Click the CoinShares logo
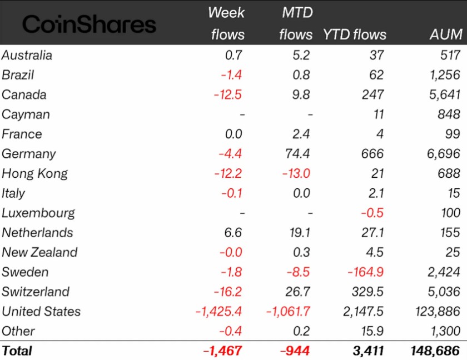click(x=89, y=24)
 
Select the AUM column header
click(x=446, y=34)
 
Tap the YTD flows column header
click(x=355, y=34)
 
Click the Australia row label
click(x=27, y=56)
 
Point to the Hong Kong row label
click(x=34, y=174)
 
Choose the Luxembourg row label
click(x=38, y=213)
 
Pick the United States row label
click(x=41, y=311)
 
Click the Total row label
click(x=17, y=351)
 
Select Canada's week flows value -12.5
click(x=227, y=94)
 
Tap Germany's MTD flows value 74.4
click(x=297, y=154)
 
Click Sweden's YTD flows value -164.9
click(x=365, y=272)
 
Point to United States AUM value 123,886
click(x=438, y=312)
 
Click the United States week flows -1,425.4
click(x=218, y=312)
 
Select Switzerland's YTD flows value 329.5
click(x=367, y=292)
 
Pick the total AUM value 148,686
click(x=435, y=351)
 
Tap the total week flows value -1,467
click(x=222, y=351)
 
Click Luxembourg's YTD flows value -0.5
click(x=372, y=213)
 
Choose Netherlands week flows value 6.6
click(x=233, y=233)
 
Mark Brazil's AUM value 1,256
click(x=445, y=75)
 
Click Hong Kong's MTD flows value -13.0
click(x=296, y=173)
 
